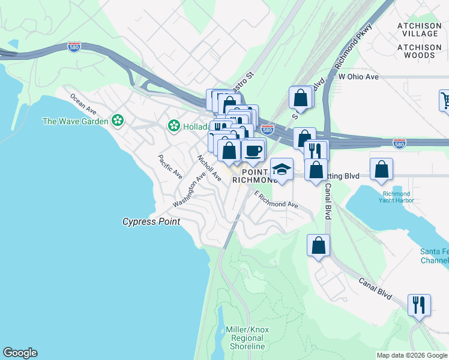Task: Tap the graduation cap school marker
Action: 281,170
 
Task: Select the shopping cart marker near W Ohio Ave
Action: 445,100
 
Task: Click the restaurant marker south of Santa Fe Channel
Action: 419,304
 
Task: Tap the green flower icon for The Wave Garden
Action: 118,121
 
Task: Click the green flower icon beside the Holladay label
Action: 173,126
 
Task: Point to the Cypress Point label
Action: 151,221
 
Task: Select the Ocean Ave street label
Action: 83,103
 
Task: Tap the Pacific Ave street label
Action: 170,167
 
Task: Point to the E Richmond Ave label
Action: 276,200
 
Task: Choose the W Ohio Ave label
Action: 358,77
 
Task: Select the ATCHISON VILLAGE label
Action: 419,29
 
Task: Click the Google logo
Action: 20,353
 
